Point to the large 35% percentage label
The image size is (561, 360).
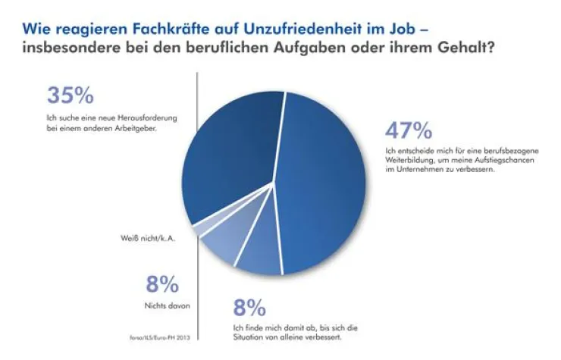point(71,95)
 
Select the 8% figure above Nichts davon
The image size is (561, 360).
point(162,284)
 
